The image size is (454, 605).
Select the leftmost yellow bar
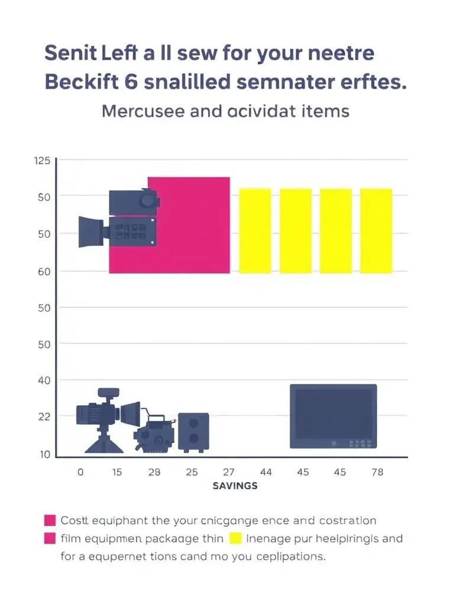coord(255,231)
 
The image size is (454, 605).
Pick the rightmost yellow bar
coord(376,231)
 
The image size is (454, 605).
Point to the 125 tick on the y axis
coord(43,161)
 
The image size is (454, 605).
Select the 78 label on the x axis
coord(377,472)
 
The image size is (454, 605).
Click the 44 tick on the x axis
coord(265,472)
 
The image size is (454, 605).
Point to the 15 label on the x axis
coord(117,472)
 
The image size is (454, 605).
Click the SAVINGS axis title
coord(235,486)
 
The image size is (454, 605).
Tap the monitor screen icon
coord(333,416)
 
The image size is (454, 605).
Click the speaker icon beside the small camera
coord(193,432)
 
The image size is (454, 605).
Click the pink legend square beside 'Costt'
coord(50,521)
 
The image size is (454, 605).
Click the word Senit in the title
coord(66,53)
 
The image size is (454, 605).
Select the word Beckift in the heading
coord(77,82)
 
